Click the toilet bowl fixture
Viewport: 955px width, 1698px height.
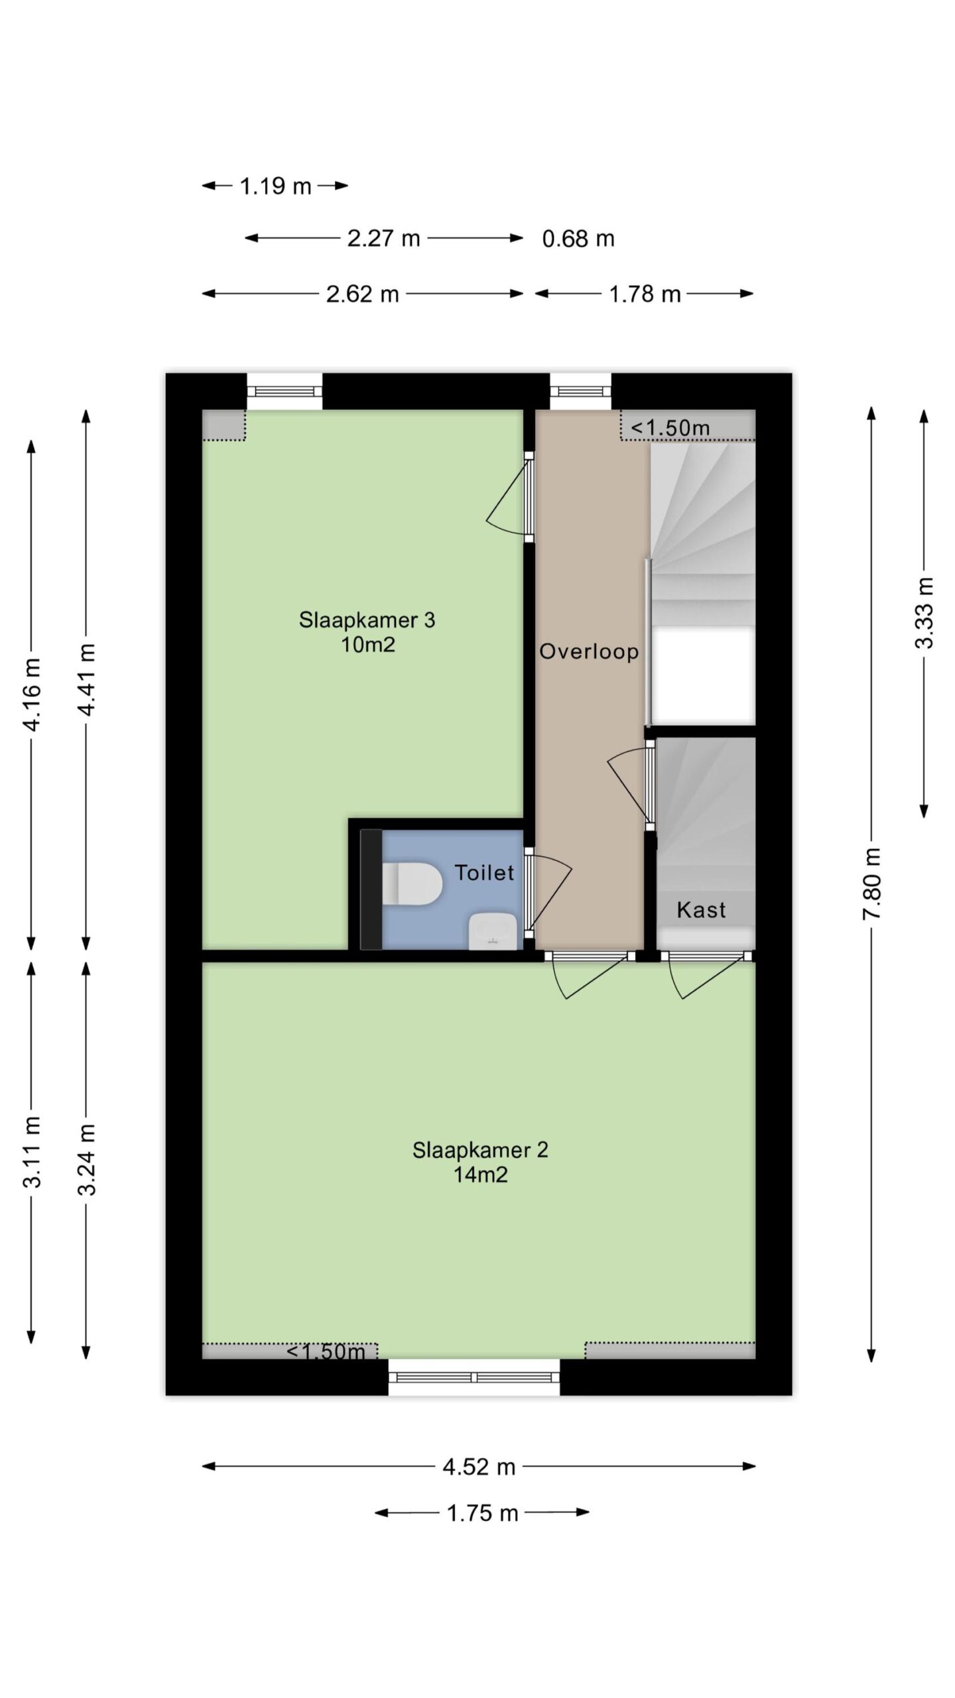click(412, 883)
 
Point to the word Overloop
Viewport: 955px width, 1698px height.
click(589, 651)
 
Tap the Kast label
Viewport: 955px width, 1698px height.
click(701, 909)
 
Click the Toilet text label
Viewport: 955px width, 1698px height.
click(484, 872)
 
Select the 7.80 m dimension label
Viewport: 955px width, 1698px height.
click(871, 883)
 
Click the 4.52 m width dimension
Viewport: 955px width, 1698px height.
click(479, 1467)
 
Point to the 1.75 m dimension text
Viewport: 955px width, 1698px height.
click(482, 1513)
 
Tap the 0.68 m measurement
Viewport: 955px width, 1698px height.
click(578, 238)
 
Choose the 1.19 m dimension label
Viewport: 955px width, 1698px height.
click(275, 186)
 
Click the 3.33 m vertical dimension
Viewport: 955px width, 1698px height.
click(924, 612)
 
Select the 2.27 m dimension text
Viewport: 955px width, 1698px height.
click(384, 238)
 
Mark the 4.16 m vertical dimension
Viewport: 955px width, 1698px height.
click(32, 694)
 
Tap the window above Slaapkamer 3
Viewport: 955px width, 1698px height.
click(285, 391)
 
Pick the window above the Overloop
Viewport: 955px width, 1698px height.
click(580, 391)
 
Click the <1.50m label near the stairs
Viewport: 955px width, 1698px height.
click(670, 428)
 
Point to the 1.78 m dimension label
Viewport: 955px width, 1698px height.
click(645, 293)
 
